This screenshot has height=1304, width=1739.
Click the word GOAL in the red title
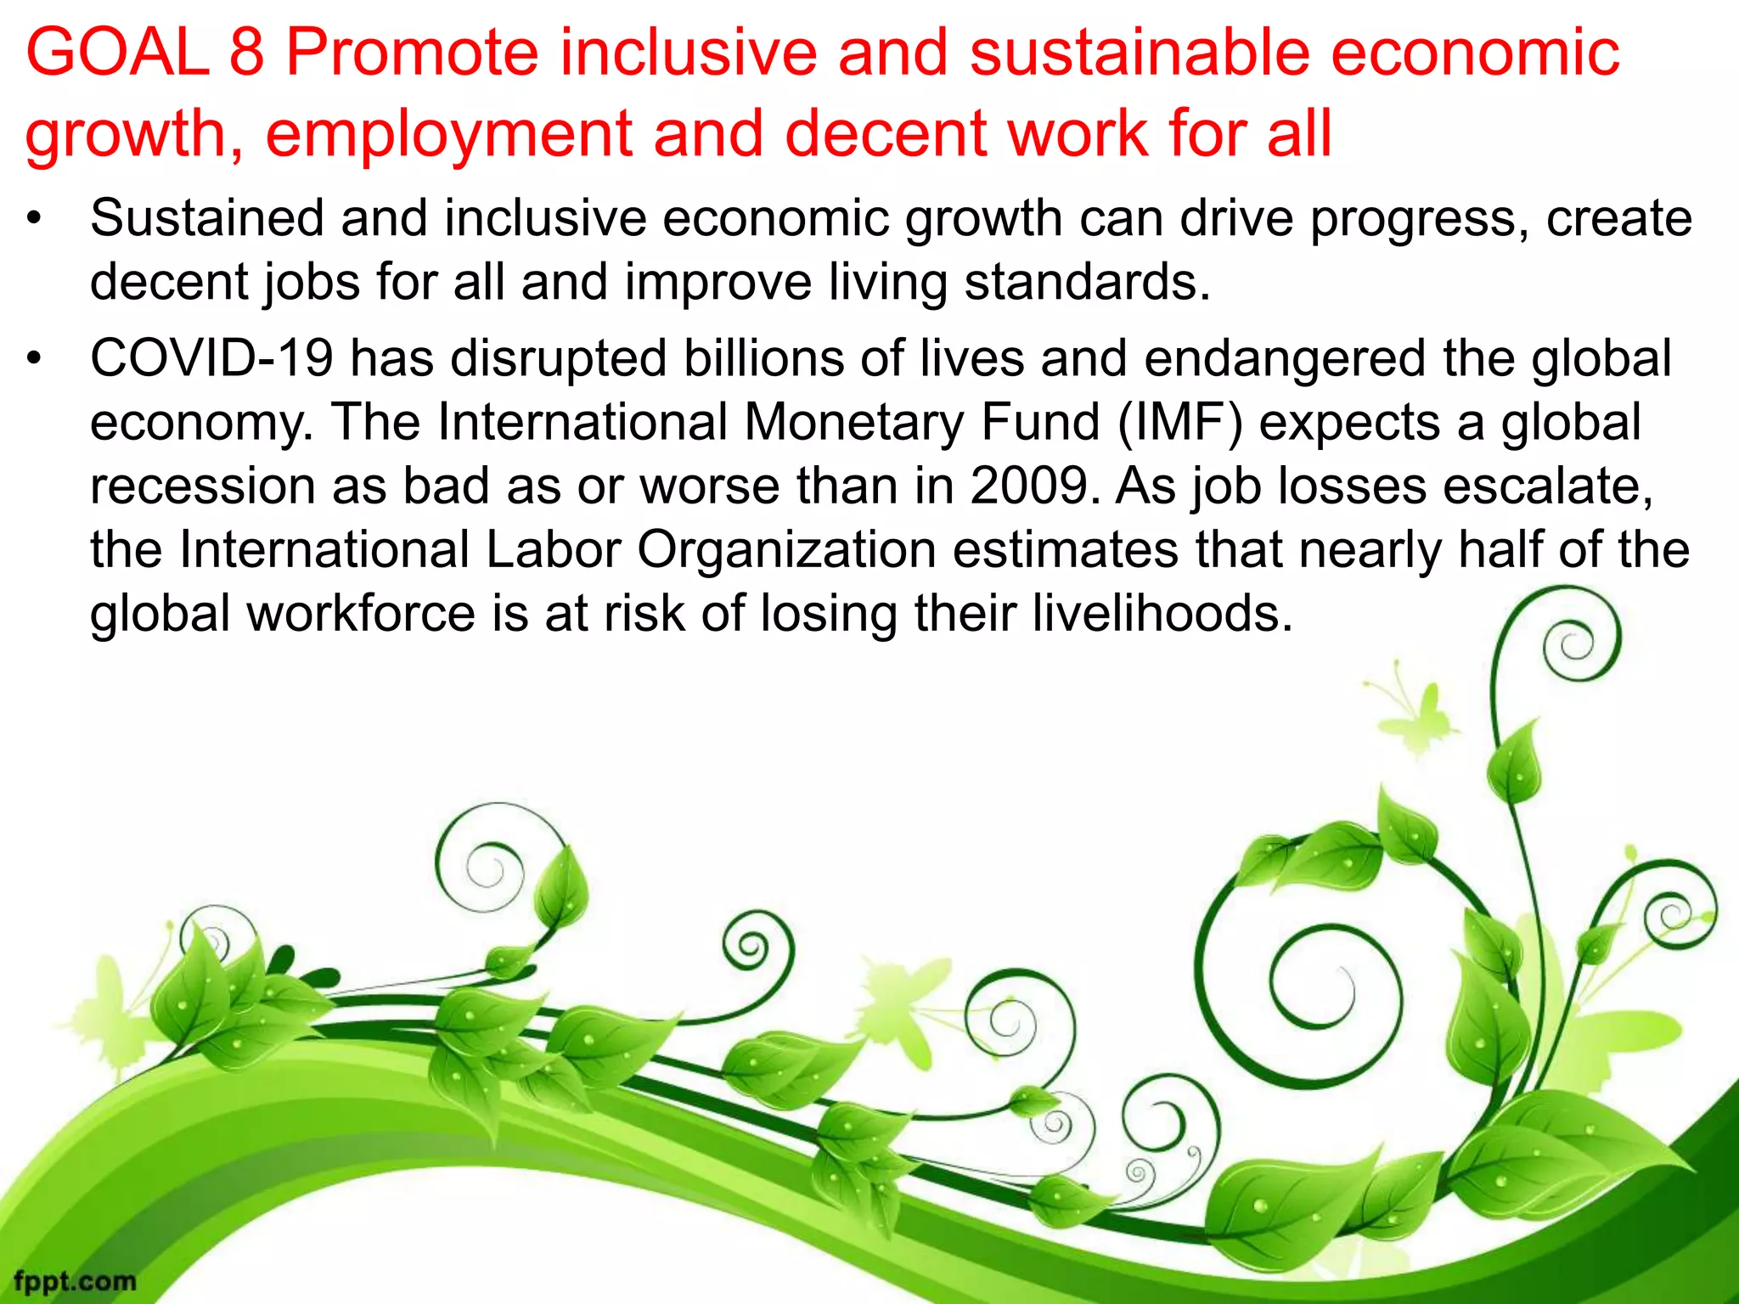coord(117,53)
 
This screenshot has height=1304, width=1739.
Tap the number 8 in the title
coord(247,53)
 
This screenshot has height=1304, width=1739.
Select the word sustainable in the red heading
coord(1139,53)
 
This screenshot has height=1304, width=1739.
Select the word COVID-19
coord(211,358)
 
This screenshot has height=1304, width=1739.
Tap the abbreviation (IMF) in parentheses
coord(1180,423)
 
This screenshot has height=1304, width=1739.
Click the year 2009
coord(1029,486)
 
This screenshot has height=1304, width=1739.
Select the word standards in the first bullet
coord(1086,282)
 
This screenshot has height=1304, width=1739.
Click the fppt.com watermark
coord(75,1280)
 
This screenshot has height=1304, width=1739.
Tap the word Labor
coord(554,550)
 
